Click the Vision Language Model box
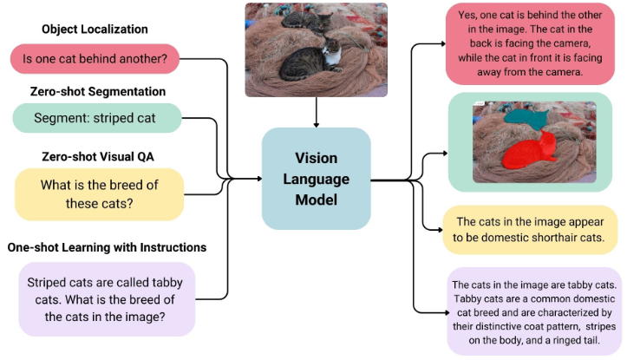(x=316, y=179)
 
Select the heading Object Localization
(x=95, y=29)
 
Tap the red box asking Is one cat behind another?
(x=95, y=59)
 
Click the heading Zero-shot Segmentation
(x=98, y=92)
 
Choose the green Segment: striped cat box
(x=97, y=118)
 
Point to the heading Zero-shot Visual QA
(x=98, y=156)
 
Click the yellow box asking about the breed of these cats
(x=99, y=194)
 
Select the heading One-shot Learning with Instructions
(x=107, y=247)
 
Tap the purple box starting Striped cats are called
(x=107, y=299)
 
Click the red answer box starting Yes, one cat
(x=530, y=43)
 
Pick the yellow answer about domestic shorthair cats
(x=530, y=230)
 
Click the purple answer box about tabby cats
(x=534, y=311)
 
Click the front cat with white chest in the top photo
(x=311, y=62)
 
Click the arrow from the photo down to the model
(x=317, y=113)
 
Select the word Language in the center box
(x=317, y=179)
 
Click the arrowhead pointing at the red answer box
(x=443, y=43)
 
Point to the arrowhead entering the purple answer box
(x=447, y=312)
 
